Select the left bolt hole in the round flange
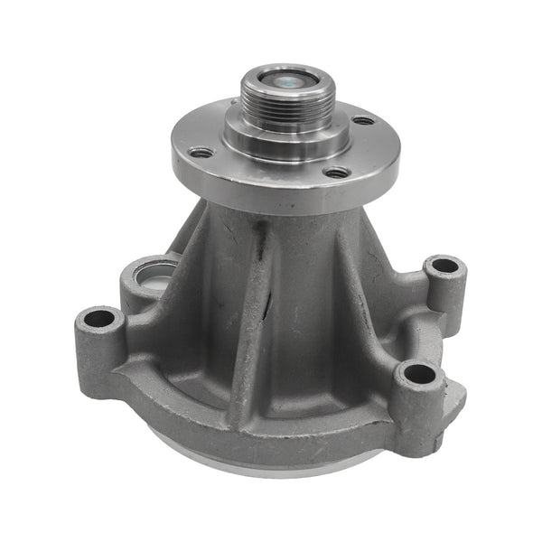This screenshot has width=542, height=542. (x=203, y=153)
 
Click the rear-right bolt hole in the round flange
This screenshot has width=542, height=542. (x=362, y=120)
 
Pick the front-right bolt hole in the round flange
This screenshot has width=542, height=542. (x=336, y=172)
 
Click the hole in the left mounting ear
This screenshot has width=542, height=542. (x=99, y=319)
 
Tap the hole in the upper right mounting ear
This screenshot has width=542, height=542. (x=444, y=266)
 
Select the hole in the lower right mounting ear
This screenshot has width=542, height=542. (x=415, y=373)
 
